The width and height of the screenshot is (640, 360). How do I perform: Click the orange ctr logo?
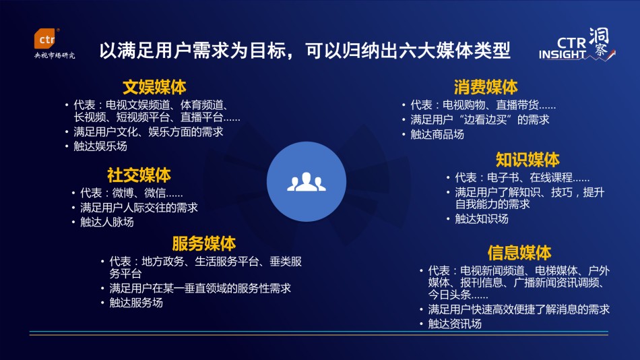(x=46, y=39)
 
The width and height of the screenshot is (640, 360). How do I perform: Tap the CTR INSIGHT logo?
(x=577, y=44)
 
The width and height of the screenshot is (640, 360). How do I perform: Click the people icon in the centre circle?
(x=306, y=182)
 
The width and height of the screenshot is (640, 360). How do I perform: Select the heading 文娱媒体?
(x=154, y=87)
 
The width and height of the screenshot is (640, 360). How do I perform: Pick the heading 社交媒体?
(x=139, y=175)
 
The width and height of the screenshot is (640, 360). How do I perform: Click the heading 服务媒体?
(x=203, y=243)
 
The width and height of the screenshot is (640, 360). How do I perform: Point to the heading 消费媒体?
(x=486, y=87)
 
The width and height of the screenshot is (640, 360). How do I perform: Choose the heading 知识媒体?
(x=527, y=160)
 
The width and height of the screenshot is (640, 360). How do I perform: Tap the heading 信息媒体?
(x=519, y=253)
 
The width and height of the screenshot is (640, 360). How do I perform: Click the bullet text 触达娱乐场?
(x=100, y=146)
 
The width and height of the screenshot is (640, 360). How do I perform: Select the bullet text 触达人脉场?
(x=107, y=222)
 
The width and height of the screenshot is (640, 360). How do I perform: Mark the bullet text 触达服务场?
(x=136, y=303)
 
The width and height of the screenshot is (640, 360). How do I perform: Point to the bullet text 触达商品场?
(x=437, y=134)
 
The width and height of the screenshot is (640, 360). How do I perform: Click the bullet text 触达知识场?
(x=482, y=219)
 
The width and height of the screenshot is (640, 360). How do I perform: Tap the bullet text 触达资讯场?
(x=455, y=324)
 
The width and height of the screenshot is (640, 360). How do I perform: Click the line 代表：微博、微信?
(x=131, y=193)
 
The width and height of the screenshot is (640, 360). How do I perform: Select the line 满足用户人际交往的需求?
(x=139, y=208)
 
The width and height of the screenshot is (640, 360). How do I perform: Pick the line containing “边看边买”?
(x=480, y=120)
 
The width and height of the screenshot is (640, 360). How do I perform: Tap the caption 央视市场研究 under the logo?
(x=55, y=55)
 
